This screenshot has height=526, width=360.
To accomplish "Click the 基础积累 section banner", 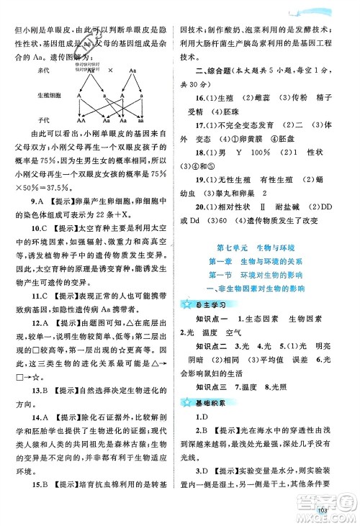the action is (214, 417).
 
